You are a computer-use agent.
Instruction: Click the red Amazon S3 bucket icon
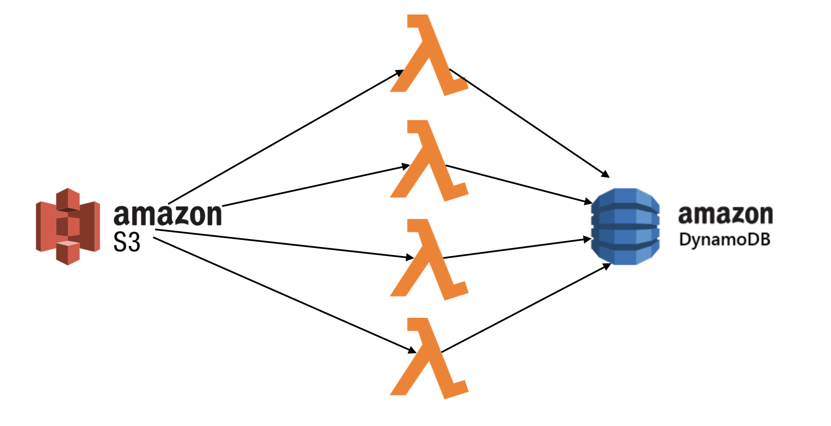click(68, 226)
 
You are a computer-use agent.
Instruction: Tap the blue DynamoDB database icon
click(625, 226)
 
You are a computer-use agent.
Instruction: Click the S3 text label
click(127, 242)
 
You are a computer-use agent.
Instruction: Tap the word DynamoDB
click(724, 240)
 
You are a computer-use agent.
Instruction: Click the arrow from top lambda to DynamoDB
click(529, 122)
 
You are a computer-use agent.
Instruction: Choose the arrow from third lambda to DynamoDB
click(516, 249)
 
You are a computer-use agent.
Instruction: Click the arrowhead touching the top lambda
click(399, 73)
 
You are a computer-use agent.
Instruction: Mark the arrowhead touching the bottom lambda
click(412, 350)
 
